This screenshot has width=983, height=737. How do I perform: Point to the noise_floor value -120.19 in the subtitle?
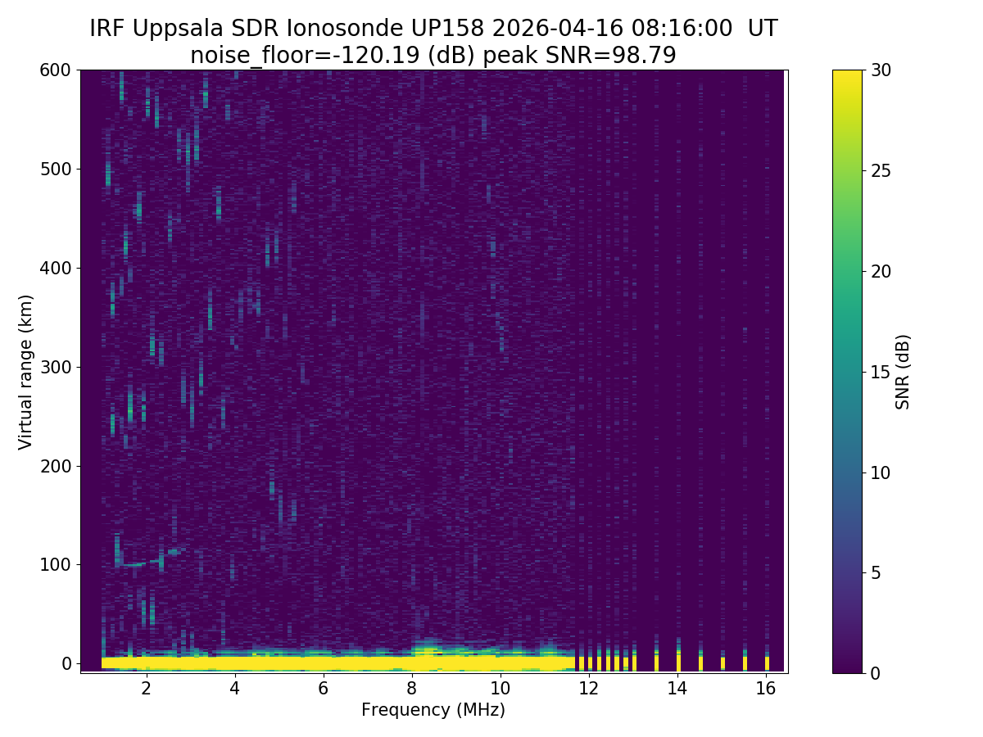tap(374, 56)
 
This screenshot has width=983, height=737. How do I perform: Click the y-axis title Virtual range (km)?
tap(26, 371)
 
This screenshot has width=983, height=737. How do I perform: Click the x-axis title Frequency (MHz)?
tap(433, 710)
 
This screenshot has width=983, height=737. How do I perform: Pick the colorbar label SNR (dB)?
tap(903, 371)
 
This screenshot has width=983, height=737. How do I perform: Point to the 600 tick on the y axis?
tap(56, 70)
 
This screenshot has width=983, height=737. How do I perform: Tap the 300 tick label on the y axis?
tap(56, 367)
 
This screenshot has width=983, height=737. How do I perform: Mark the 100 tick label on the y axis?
tap(56, 564)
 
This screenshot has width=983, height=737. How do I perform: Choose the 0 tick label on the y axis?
tap(66, 663)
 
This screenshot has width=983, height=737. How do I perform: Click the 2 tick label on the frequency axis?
tap(147, 689)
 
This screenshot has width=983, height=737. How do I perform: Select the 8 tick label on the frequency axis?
tap(412, 689)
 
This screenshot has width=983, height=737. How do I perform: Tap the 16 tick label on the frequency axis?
tap(766, 689)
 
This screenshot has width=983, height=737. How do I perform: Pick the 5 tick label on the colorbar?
tap(875, 572)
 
